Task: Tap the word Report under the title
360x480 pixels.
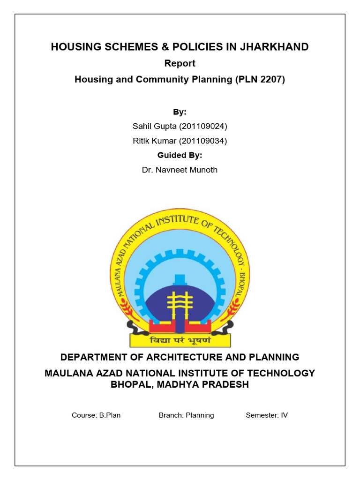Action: click(180, 63)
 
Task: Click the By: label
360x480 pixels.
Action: click(180, 112)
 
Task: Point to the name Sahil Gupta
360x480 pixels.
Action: click(152, 127)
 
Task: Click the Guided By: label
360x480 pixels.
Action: click(180, 155)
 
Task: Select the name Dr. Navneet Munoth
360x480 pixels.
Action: click(180, 170)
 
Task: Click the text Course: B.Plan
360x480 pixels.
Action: click(96, 415)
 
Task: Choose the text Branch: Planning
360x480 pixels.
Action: click(186, 415)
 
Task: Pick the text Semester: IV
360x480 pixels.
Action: click(267, 415)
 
